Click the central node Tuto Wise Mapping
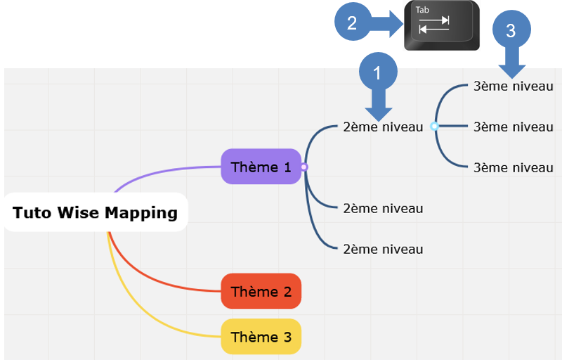(96, 212)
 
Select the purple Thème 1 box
(261, 167)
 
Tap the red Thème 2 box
(261, 291)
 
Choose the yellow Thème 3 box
(261, 337)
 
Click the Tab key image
(442, 25)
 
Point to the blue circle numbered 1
(378, 72)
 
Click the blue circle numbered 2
(353, 22)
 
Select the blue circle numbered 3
(511, 30)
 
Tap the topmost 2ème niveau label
(383, 127)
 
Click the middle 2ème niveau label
(383, 208)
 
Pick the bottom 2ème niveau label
(383, 249)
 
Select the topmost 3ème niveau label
(514, 86)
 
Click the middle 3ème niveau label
(514, 127)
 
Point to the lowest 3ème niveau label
(514, 167)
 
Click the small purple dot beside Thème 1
(304, 167)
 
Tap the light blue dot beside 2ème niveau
(434, 127)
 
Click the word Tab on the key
(422, 10)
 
